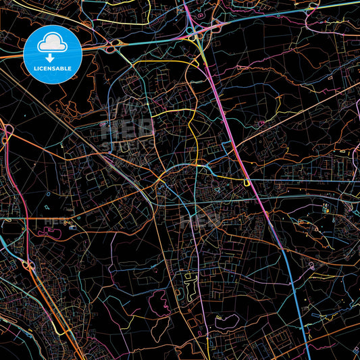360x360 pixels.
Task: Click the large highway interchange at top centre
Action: pyautogui.click(x=194, y=31)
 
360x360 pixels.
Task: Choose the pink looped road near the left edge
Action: pyautogui.click(x=8, y=135)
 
